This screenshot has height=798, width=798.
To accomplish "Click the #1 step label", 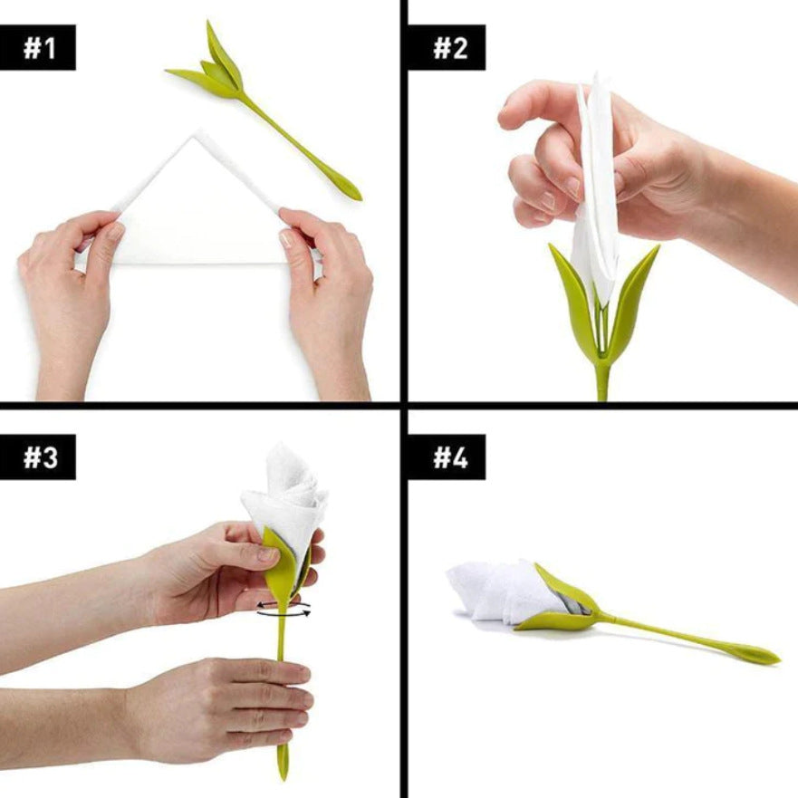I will (38, 47).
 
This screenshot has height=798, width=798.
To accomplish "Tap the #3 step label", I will (38, 457).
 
